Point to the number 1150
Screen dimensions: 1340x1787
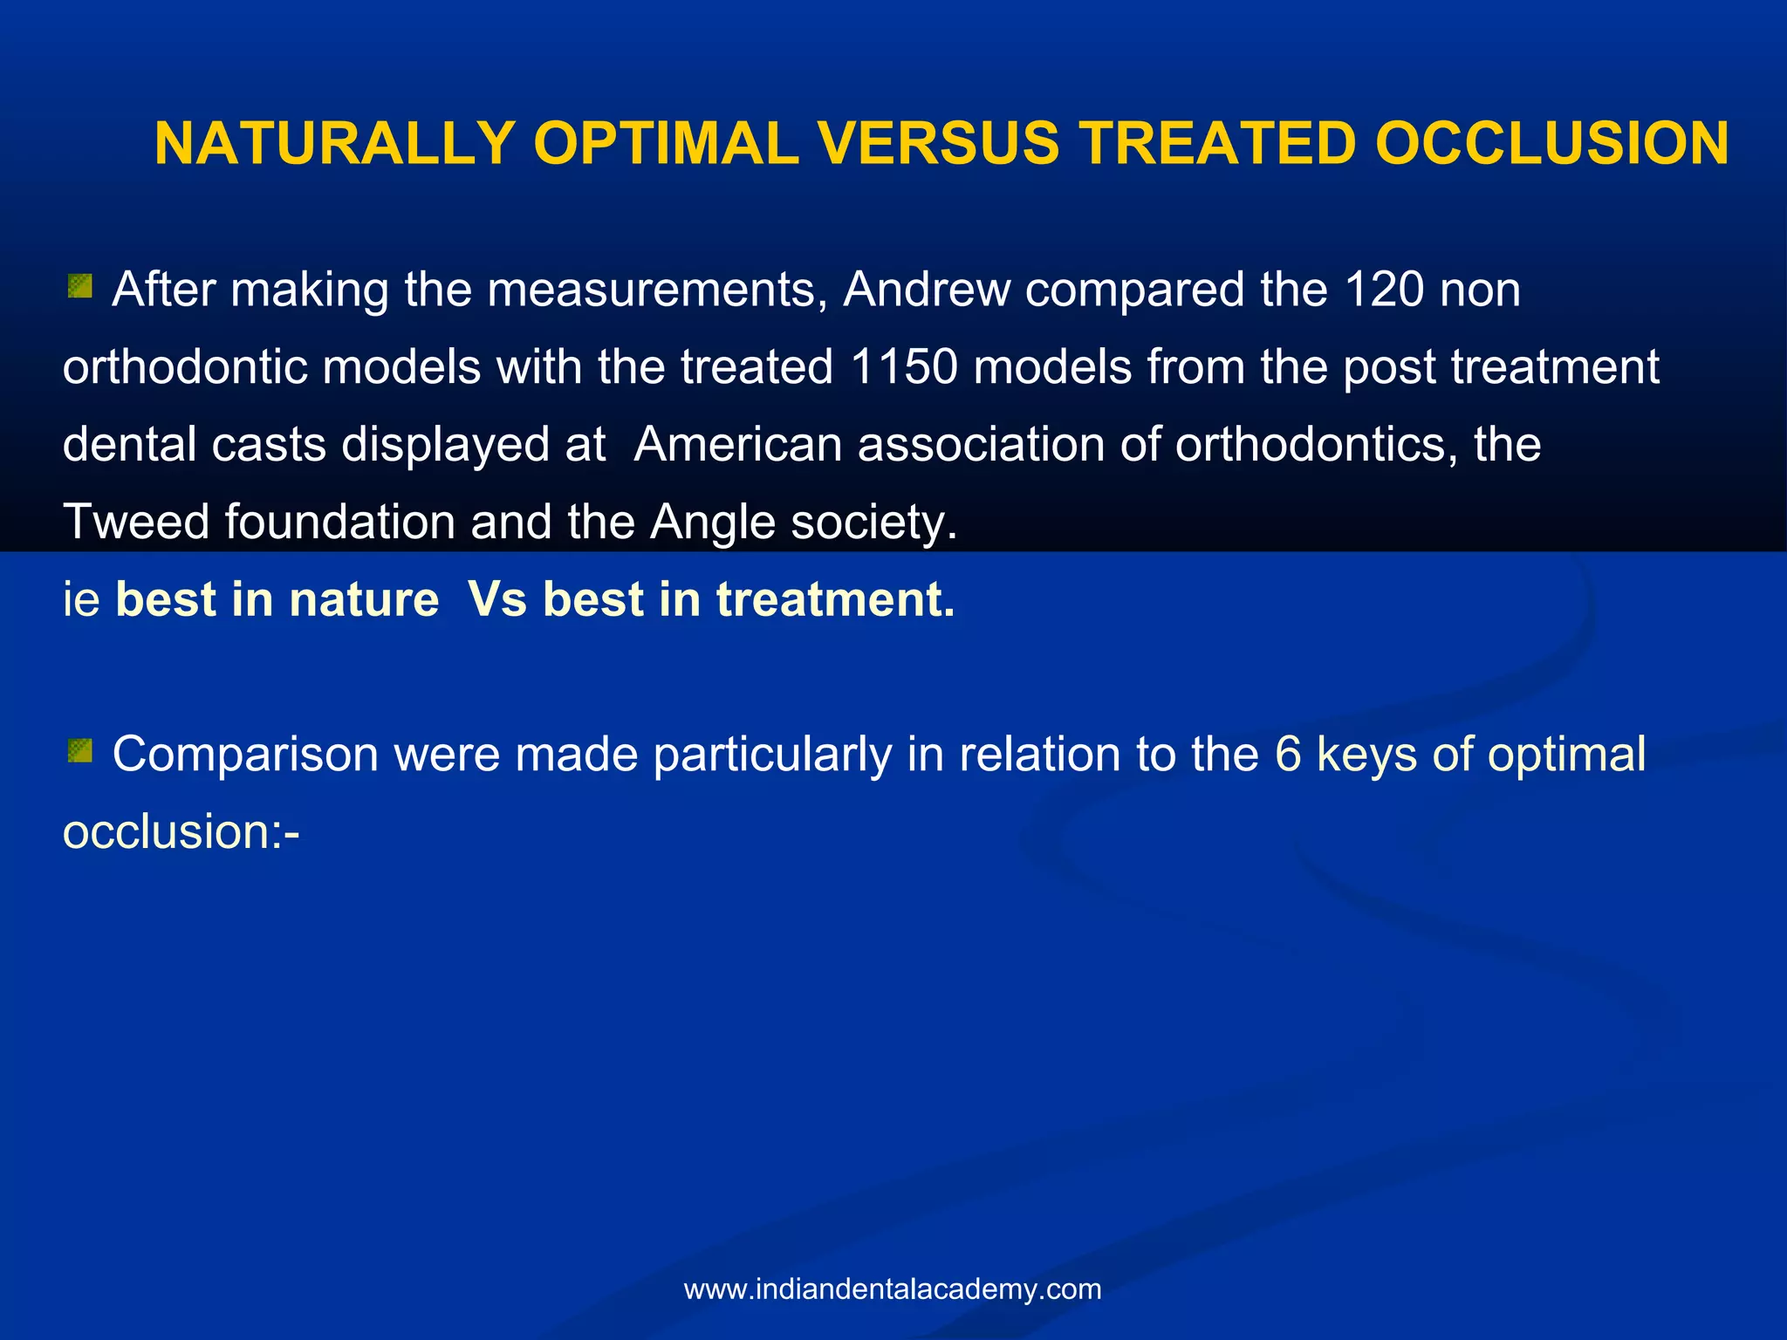pos(904,366)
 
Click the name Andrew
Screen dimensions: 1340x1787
pos(927,290)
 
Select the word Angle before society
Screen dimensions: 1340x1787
pos(712,522)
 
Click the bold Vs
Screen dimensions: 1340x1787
pos(497,600)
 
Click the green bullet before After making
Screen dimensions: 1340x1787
pos(80,286)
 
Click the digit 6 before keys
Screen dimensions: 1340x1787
pos(1288,754)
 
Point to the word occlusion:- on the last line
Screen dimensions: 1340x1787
pos(181,831)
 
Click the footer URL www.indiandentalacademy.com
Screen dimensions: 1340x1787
pos(893,1289)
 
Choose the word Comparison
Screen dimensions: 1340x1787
pos(245,754)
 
